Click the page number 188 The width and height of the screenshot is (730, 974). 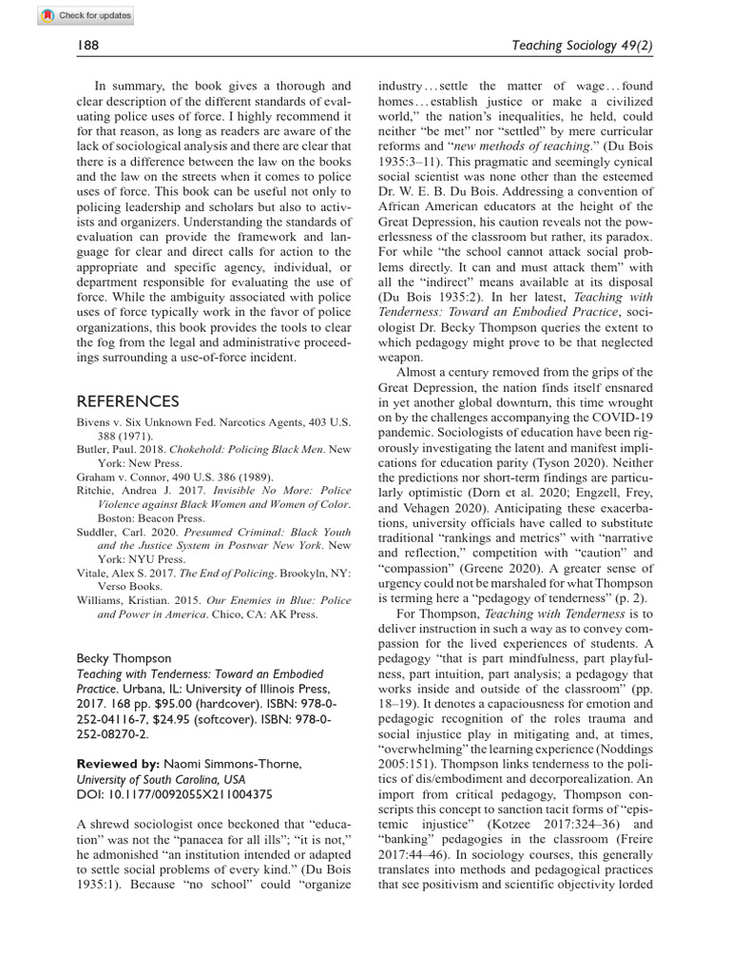pyautogui.click(x=88, y=45)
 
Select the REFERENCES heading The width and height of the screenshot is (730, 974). pyautogui.click(x=127, y=401)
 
